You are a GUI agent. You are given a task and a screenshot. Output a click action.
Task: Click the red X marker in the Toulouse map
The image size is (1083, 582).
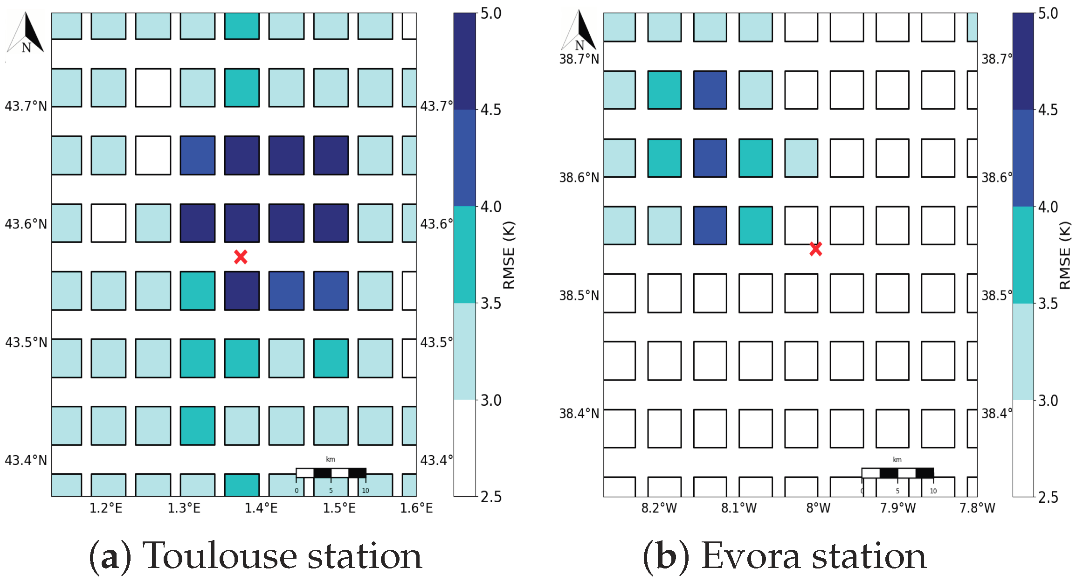241,256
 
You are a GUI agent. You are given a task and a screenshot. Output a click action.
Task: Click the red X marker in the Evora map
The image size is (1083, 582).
815,249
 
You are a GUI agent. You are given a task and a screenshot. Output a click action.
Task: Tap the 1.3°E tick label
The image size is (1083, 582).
184,508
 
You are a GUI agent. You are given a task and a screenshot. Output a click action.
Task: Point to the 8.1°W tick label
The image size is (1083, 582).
738,508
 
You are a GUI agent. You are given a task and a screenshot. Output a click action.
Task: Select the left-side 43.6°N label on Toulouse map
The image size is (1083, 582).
26,224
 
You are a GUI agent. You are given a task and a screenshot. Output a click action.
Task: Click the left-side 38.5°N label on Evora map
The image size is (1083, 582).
579,296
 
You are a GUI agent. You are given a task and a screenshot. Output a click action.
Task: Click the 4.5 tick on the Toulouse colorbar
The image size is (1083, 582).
490,110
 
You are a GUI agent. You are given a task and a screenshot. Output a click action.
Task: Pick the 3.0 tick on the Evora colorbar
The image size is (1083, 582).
1048,401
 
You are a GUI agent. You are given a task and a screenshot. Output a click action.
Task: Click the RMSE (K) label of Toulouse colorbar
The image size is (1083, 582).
509,256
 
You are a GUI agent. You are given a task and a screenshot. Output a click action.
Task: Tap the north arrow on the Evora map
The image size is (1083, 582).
579,31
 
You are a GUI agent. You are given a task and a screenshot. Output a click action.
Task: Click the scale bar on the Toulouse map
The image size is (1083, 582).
331,473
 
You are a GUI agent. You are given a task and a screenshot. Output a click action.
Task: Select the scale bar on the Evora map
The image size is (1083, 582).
897,473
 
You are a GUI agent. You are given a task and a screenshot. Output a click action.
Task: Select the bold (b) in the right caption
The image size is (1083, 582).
666,557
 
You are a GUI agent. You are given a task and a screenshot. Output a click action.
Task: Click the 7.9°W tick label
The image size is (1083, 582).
897,508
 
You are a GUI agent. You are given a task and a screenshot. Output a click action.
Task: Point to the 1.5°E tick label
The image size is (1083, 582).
339,508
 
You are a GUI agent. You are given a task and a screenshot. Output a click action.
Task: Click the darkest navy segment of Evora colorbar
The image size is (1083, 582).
1023,61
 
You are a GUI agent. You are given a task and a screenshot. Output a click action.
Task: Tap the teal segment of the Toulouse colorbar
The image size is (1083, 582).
464,255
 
